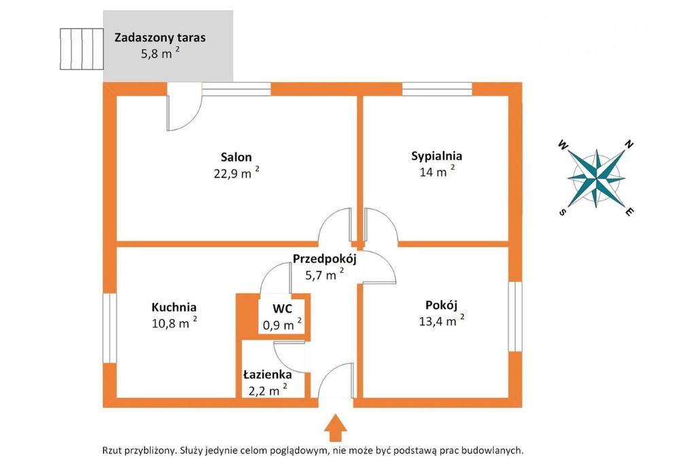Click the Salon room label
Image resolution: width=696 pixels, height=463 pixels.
point(236,157)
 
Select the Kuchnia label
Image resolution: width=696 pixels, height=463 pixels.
point(174,307)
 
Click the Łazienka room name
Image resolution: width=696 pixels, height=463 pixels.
point(267,374)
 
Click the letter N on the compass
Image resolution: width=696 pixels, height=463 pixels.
point(629,144)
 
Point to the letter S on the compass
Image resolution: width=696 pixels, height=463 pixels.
point(563,212)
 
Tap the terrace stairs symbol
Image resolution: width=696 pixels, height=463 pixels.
point(80,49)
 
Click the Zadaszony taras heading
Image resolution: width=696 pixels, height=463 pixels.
point(160,37)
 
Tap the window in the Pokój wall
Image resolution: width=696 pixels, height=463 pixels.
point(516,316)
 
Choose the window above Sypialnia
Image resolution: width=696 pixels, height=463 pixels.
point(436,88)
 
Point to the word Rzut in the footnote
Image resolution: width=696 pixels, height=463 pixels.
point(114,450)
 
